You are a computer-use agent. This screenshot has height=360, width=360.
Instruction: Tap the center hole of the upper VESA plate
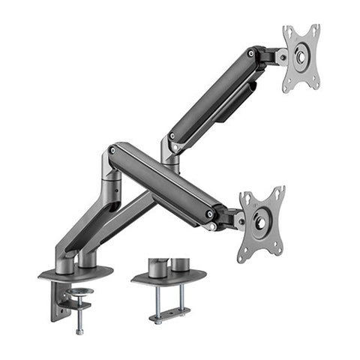[x=300, y=56]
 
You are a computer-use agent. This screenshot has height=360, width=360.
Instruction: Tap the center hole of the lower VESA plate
[x=261, y=223]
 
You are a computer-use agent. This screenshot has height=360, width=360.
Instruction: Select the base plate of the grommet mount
[x=169, y=277]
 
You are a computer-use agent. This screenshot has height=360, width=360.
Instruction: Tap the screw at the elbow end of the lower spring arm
[x=112, y=150]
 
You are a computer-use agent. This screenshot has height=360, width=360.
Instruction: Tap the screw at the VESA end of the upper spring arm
[x=250, y=53]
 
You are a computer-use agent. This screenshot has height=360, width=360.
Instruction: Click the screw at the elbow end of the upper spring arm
[x=172, y=136]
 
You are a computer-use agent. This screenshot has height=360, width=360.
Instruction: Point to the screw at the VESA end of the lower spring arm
[x=209, y=214]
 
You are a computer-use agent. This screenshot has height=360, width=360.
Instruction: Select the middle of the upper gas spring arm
[x=214, y=94]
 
